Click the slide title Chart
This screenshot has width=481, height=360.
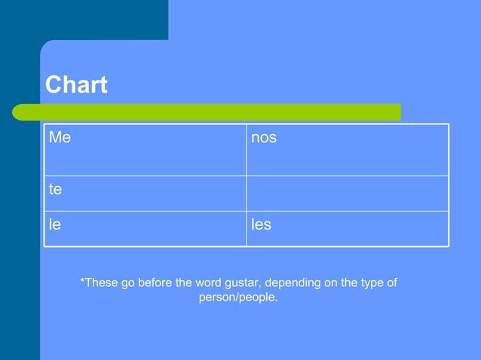(x=76, y=85)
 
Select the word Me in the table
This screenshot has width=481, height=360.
(x=60, y=138)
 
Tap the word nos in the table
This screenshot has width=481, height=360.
(x=264, y=139)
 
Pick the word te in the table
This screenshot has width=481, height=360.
(x=55, y=189)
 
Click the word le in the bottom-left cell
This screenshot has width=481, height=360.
(x=54, y=224)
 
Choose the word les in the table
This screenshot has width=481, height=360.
(x=261, y=224)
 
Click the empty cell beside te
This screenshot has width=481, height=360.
(x=347, y=193)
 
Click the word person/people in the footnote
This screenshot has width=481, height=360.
(x=238, y=297)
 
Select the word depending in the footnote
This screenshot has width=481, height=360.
(x=296, y=283)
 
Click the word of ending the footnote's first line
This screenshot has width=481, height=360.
(x=391, y=283)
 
